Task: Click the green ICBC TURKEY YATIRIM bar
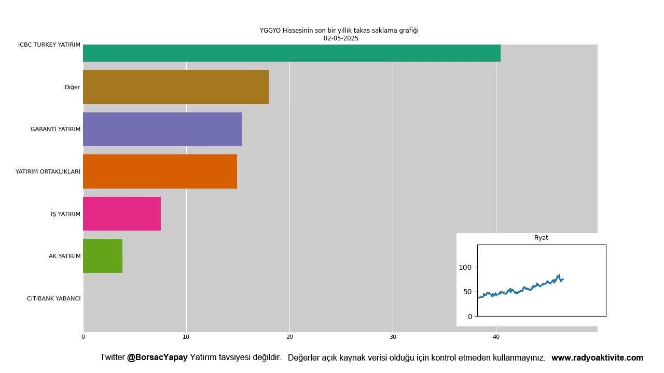tap(292, 53)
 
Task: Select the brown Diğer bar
tap(176, 87)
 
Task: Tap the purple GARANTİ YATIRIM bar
tap(162, 129)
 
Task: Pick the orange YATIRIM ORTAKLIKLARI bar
tap(160, 171)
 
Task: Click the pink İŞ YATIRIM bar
tap(122, 213)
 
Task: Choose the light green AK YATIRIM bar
tap(103, 256)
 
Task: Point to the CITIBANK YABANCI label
tap(53, 298)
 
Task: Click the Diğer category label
tap(72, 88)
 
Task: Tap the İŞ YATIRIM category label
tap(65, 214)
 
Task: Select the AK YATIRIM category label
tap(64, 256)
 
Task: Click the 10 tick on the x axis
tap(186, 337)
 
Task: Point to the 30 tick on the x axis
tap(393, 337)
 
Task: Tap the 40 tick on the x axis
tap(496, 337)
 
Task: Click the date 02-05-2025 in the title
tap(341, 38)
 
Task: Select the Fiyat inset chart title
tap(541, 238)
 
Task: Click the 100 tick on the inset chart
tap(465, 267)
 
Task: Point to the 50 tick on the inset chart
tap(467, 292)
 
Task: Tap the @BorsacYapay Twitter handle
tap(157, 357)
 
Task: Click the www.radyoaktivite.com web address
tap(597, 358)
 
